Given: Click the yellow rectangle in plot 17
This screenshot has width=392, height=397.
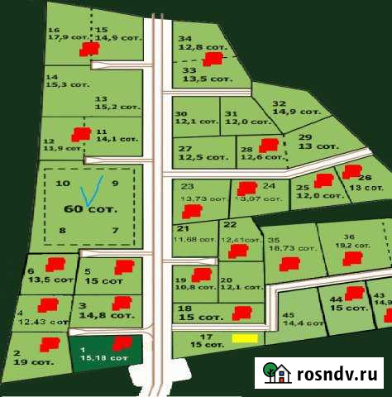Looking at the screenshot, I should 244,337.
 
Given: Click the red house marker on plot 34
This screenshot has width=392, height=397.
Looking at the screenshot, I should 213,59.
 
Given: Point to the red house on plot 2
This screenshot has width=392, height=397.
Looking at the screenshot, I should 50,343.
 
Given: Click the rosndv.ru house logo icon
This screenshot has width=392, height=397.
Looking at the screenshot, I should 275,373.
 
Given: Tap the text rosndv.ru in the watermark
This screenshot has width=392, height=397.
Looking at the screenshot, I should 337,374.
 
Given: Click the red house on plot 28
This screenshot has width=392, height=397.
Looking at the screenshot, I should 268,146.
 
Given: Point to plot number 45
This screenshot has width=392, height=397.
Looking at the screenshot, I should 288,314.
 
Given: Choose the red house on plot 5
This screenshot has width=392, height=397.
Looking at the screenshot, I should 124,266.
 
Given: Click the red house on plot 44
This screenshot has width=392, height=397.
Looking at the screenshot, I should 355,292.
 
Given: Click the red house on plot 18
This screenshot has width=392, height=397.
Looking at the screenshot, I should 241,312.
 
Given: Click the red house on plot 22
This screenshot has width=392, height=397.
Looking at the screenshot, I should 238,250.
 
